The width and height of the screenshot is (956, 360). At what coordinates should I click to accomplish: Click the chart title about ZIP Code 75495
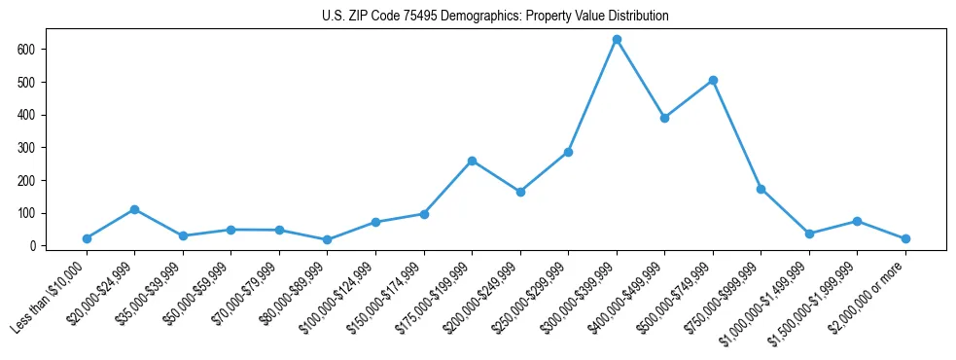click(x=495, y=17)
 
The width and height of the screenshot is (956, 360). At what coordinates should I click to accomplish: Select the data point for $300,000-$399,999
click(x=617, y=40)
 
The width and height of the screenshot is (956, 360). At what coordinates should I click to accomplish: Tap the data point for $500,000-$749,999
click(x=713, y=81)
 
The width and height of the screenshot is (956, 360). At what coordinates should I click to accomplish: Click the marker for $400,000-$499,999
click(x=664, y=118)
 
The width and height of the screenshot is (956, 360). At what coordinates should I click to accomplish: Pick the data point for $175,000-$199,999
click(x=472, y=161)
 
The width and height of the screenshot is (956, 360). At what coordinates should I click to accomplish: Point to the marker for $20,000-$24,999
click(x=134, y=209)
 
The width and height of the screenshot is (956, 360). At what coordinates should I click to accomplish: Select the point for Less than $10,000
click(x=87, y=238)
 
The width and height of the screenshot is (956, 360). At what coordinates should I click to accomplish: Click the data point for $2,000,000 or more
click(x=905, y=238)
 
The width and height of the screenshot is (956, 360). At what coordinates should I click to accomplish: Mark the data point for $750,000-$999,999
click(x=761, y=189)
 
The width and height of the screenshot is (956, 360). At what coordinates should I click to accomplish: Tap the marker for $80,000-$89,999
click(x=327, y=239)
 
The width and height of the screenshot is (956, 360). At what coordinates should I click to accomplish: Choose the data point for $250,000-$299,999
click(x=568, y=152)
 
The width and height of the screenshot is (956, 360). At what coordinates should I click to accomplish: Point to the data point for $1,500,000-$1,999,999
click(x=857, y=221)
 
